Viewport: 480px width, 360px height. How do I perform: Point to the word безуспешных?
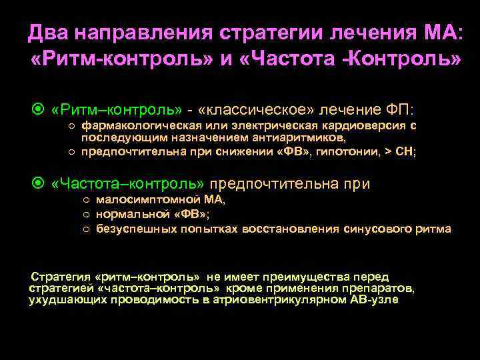[x=134, y=229]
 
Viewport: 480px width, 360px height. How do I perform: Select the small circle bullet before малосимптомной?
[x=87, y=200]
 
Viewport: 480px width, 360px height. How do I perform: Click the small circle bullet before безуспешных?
[x=87, y=229]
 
